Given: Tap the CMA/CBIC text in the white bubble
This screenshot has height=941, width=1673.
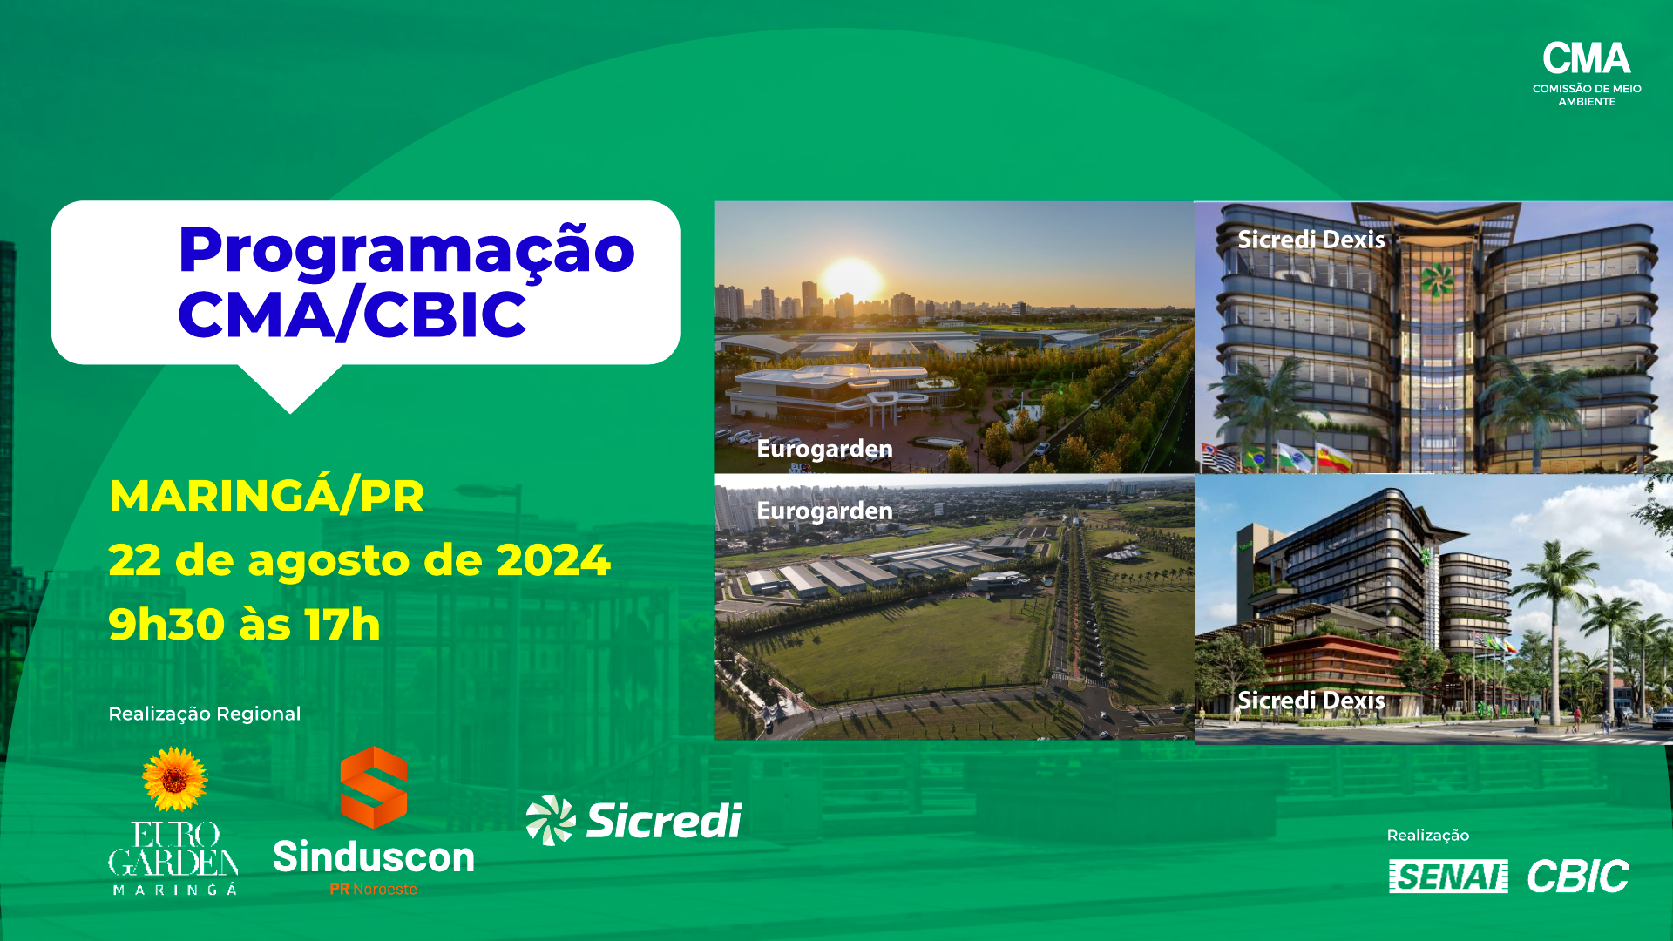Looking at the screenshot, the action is pos(352,315).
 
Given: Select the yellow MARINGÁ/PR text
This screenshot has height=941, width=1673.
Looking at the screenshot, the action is pos(266,495).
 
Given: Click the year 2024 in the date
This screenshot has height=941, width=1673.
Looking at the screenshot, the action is pos(553,560).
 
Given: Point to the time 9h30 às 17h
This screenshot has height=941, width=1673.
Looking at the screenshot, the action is pos(245,625).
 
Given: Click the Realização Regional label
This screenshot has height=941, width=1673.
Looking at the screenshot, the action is pos(205,714).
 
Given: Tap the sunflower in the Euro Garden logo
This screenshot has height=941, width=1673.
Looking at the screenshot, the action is pos(175,779).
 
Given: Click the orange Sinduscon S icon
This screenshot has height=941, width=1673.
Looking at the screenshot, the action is pos(374,787).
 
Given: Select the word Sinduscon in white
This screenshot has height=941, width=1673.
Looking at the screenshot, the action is pos(374,857).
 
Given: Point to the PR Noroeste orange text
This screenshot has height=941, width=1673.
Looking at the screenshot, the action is pos(374,890).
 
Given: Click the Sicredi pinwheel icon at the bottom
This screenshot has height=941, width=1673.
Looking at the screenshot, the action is pos(551,820).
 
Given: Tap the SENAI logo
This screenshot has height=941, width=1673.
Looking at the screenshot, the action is pos(1448,877).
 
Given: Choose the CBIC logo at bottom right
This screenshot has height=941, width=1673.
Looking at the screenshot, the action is pos(1578,877).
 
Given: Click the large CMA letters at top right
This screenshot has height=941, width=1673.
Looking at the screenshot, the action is pos(1587,59).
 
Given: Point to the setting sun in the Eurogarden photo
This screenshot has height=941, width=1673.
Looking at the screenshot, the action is pos(851,278).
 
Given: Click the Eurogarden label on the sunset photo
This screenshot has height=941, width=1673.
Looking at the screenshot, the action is pos(824,449).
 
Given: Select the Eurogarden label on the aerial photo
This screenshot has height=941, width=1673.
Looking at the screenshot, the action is pos(824,511).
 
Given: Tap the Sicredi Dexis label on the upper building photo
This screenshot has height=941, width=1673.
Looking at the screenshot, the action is pos(1311,240).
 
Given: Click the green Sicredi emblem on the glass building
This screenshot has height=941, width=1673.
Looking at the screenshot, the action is pos(1437,280).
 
